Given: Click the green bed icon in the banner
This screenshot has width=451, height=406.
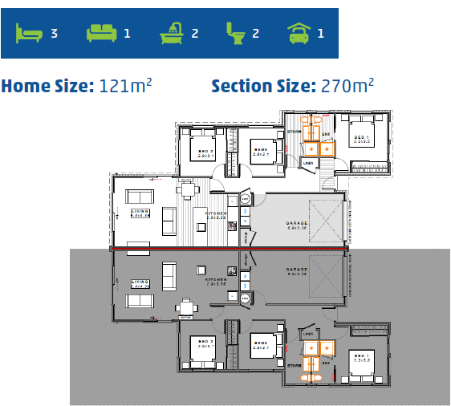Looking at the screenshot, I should click(29, 33).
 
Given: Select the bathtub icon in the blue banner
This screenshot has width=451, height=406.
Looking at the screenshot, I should click(171, 33).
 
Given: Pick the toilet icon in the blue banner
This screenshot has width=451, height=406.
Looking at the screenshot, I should click(236, 33).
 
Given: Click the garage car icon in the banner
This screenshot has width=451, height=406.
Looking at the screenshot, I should click(299, 33).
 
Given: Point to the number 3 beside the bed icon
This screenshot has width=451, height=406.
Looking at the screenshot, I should click(54, 34).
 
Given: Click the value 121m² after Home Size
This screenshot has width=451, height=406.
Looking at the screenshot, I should click(126, 86).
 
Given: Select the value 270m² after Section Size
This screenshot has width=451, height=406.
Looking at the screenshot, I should click(347, 86).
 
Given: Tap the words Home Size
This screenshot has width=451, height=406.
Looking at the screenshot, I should click(47, 86).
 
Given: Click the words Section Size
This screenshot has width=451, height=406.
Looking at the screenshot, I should click(262, 86).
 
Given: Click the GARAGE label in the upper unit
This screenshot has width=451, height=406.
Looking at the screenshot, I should click(298, 224).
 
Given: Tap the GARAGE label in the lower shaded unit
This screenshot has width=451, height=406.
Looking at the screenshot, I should click(298, 270).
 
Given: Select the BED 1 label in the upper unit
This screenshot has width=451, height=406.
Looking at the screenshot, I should click(362, 138).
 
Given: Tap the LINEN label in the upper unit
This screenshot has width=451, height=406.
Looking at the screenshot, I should click(308, 163).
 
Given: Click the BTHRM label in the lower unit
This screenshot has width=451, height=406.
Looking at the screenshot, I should click(295, 364).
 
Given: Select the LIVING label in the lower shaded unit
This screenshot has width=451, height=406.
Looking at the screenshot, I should click(140, 282).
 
